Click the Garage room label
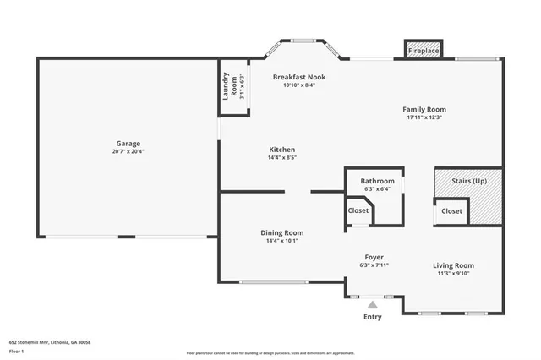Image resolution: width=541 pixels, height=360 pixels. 128,143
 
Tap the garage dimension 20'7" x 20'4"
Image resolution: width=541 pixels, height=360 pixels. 128,152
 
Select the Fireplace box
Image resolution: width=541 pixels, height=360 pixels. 424,52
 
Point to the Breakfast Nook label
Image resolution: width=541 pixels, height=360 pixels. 298,77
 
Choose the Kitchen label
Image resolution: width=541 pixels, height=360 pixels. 281,148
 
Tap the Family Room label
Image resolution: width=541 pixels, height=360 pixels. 424,109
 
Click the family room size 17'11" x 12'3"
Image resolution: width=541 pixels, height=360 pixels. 424,117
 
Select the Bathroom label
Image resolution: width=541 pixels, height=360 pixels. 377,181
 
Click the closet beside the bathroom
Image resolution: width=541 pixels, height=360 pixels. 358,210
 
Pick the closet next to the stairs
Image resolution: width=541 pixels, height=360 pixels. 451,211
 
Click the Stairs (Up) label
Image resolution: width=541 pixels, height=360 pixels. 469,181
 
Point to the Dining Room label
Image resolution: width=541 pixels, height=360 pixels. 281,232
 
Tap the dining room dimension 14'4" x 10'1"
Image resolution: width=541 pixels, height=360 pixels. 281,241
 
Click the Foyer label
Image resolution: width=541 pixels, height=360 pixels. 374,257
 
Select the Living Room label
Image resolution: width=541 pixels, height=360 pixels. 453,265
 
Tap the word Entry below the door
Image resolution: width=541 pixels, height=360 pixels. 372,317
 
